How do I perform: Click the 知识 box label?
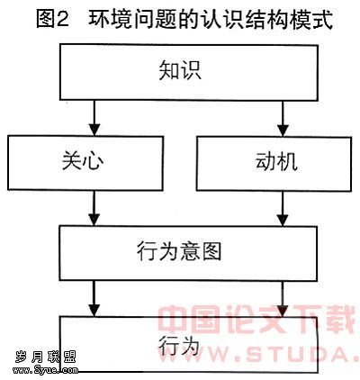180,70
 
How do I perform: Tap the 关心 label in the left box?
83,160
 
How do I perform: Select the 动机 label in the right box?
276,161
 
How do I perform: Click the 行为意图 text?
179,251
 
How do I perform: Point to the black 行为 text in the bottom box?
179,345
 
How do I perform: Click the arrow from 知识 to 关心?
94,118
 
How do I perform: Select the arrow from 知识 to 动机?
283,119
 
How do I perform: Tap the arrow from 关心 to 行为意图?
94,208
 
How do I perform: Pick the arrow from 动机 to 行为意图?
283,209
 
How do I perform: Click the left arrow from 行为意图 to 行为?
94,298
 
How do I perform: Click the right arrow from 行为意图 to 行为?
283,298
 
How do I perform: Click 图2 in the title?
53,19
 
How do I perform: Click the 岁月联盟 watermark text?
45,357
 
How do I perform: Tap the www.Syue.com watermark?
45,370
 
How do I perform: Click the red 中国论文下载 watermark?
256,320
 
